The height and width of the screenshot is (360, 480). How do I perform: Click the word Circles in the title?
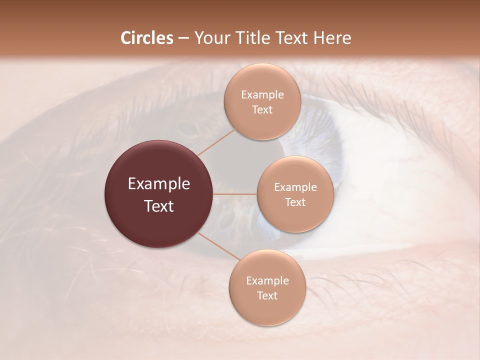147,38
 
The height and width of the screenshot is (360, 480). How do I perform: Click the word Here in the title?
332,38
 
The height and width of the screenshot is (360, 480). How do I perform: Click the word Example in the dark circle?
159,184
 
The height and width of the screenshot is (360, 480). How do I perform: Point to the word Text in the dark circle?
159,206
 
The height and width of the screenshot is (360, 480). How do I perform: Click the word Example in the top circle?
262,95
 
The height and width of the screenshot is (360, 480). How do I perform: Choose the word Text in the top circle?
262,110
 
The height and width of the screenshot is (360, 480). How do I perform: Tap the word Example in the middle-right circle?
295,187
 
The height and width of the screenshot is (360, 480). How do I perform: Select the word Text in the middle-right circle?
295,202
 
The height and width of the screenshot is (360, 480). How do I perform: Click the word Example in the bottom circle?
267,281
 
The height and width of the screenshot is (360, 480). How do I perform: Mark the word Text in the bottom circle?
267,296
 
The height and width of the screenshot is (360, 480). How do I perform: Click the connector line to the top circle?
216,141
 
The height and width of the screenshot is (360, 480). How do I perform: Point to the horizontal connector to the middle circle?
235,194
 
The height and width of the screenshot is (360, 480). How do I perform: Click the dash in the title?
183,38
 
